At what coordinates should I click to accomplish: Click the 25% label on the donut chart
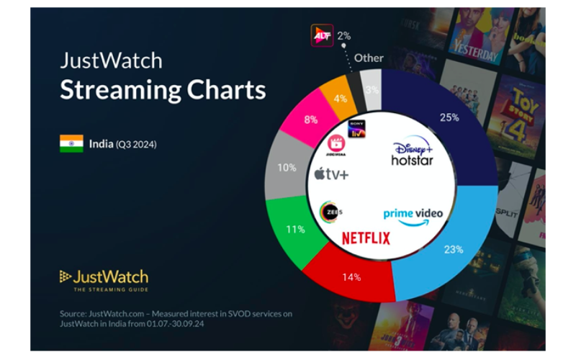click(x=449, y=117)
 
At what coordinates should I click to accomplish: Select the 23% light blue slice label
click(x=453, y=249)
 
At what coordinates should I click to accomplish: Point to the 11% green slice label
click(x=295, y=229)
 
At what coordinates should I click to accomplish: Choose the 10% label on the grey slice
click(x=287, y=168)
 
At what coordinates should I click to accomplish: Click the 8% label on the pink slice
click(x=311, y=120)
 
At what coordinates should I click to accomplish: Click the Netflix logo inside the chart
click(x=366, y=238)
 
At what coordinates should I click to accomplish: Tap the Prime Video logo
click(x=413, y=215)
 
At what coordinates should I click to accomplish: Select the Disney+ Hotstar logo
click(x=412, y=153)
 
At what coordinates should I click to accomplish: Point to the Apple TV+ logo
click(x=331, y=174)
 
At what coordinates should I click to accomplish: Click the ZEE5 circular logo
click(x=330, y=212)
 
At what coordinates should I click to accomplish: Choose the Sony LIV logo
click(x=356, y=129)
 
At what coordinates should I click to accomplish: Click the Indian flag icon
click(x=71, y=143)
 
